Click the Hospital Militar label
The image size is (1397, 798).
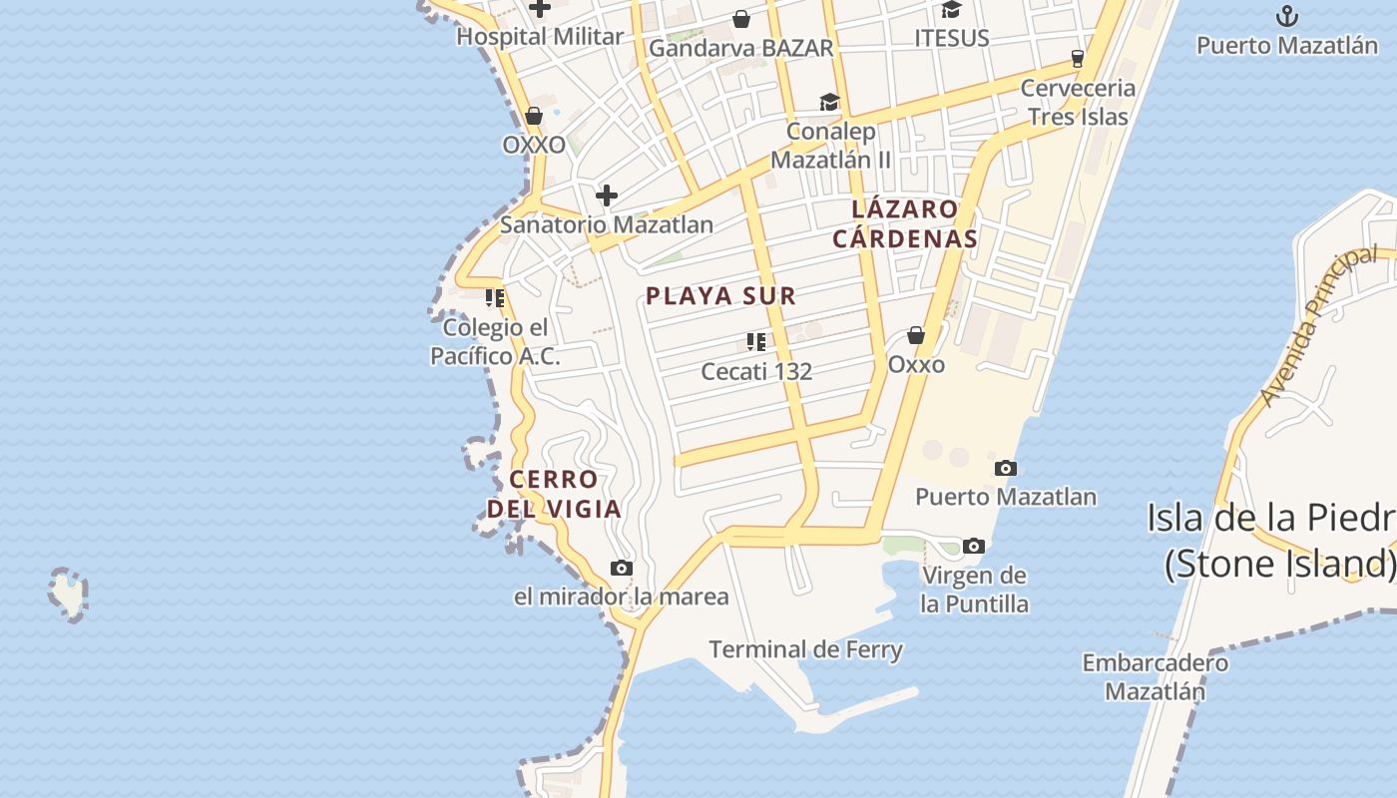coord(540,37)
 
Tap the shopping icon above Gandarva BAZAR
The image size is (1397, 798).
coord(741,19)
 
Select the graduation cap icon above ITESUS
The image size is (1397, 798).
coord(951,10)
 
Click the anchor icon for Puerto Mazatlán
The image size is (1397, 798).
coord(1287,16)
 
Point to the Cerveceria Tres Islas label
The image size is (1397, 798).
coord(1078,102)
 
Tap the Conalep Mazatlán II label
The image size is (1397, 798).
coord(830,146)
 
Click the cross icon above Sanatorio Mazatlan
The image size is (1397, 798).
coord(606,196)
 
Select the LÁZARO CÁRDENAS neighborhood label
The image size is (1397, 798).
coord(905,224)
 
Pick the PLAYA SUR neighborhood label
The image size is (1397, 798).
coord(720,296)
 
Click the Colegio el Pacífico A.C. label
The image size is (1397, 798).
coord(495,342)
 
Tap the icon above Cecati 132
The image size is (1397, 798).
coord(756,343)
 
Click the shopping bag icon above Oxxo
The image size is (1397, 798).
coord(915,336)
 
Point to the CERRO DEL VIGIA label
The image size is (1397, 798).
coord(555,494)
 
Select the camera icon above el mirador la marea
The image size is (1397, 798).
coord(621,569)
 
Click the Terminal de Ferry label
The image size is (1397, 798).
coord(805,650)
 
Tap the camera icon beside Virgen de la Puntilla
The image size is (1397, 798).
coord(974,546)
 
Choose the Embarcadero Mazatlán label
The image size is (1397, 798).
coord(1156,676)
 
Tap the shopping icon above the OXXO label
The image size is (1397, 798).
coord(534,117)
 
